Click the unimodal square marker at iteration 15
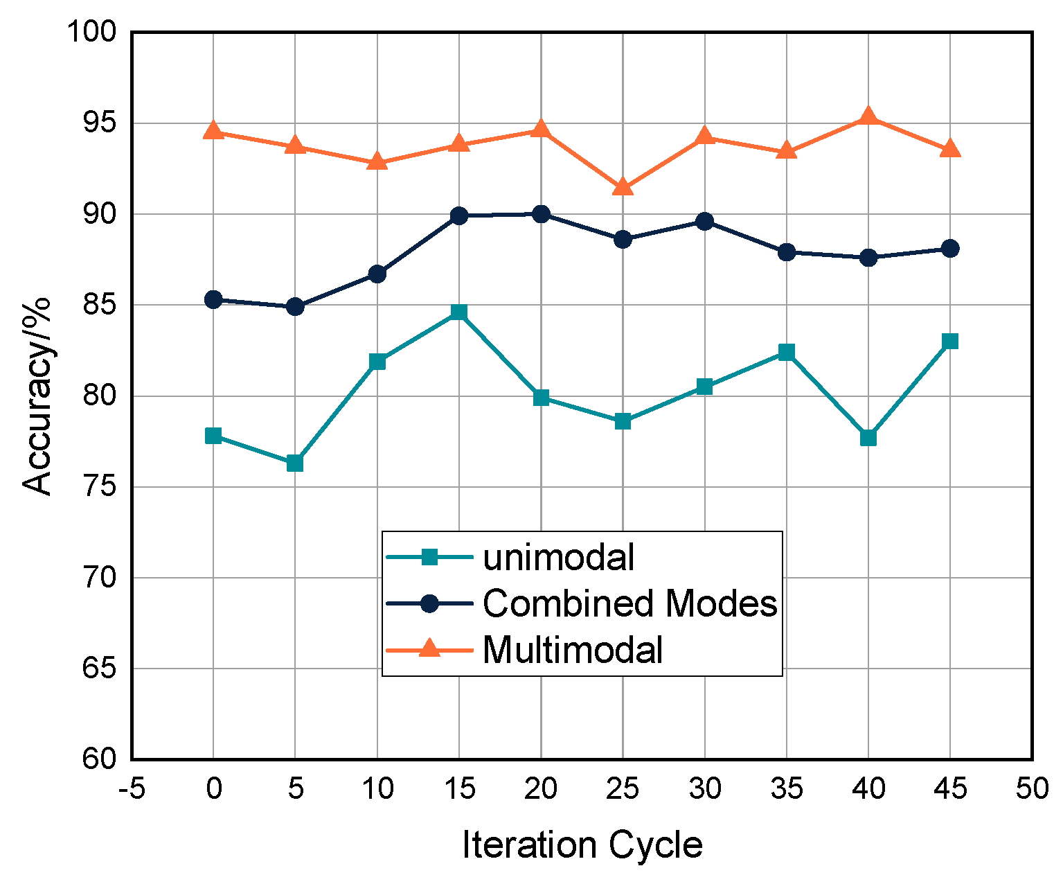[x=458, y=312]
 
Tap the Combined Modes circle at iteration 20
[x=541, y=214]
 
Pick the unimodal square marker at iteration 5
[x=295, y=463]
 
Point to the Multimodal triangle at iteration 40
[x=868, y=116]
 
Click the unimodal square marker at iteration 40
[x=868, y=438]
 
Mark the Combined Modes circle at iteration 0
[x=213, y=299]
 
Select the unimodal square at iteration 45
[x=950, y=341]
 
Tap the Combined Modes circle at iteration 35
[x=786, y=252]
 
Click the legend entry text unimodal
[x=558, y=557]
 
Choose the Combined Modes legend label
[x=630, y=603]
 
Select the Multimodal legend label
[x=573, y=650]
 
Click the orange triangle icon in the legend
[x=429, y=648]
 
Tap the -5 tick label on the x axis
[x=132, y=789]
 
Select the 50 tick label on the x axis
[x=1032, y=789]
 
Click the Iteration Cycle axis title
[x=582, y=846]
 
